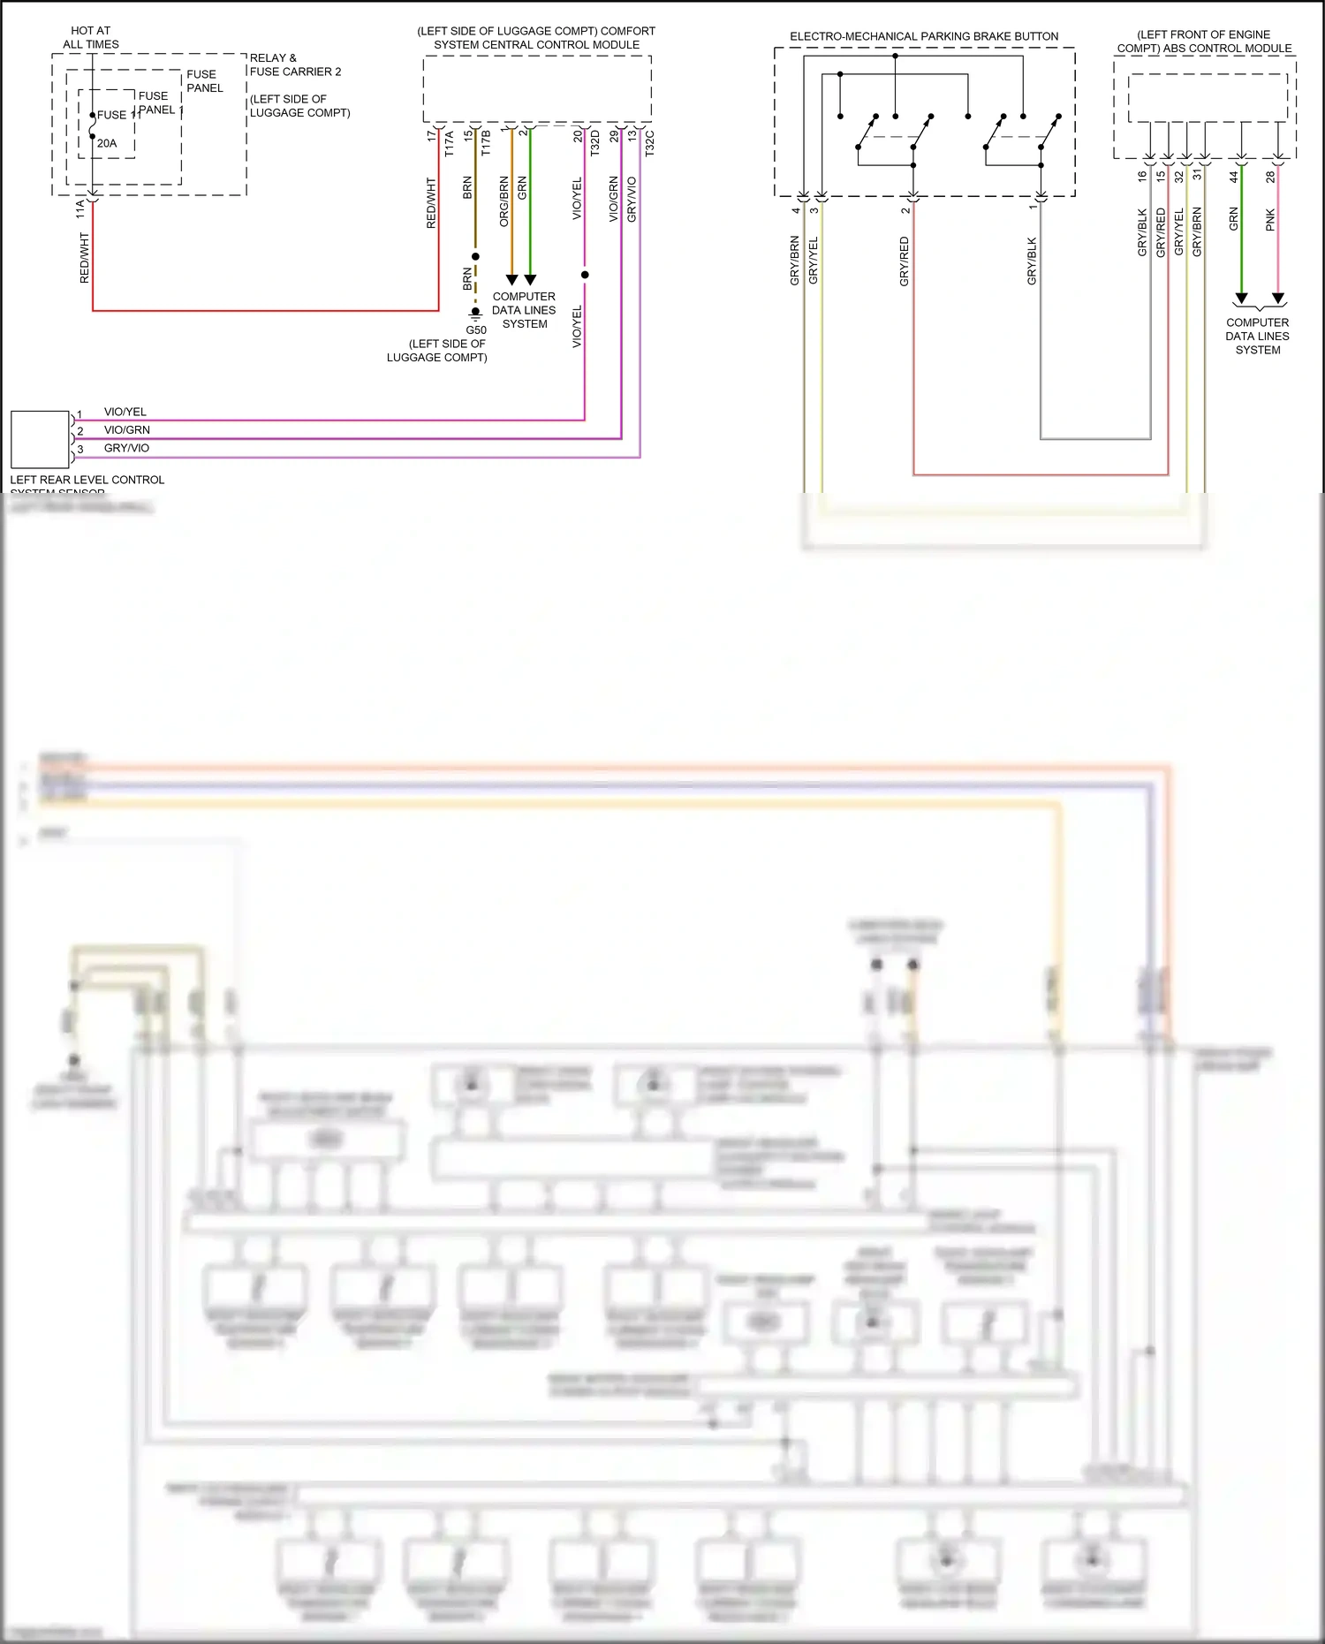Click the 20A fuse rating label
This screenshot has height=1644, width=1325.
pyautogui.click(x=107, y=143)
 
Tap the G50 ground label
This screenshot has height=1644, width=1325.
pyautogui.click(x=476, y=330)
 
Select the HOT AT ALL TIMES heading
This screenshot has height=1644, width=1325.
pyautogui.click(x=91, y=37)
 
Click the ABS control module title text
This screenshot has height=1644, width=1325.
pyautogui.click(x=1204, y=42)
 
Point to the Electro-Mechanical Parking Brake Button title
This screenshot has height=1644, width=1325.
pyautogui.click(x=924, y=36)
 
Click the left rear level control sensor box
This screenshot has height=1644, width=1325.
pyautogui.click(x=40, y=439)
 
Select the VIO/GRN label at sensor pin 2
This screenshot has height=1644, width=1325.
pyautogui.click(x=127, y=430)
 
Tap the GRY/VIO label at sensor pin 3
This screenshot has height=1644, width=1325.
pyautogui.click(x=127, y=448)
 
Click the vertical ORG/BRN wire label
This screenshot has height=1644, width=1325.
pyautogui.click(x=504, y=201)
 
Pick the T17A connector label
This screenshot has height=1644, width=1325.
pyautogui.click(x=449, y=144)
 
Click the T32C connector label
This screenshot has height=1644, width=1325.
pyautogui.click(x=649, y=144)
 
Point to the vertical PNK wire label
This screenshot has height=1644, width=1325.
pyautogui.click(x=1270, y=220)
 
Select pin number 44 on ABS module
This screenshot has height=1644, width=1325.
pyautogui.click(x=1234, y=177)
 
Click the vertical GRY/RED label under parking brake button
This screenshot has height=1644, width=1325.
pyautogui.click(x=904, y=261)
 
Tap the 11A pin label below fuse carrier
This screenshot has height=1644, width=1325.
pyautogui.click(x=80, y=209)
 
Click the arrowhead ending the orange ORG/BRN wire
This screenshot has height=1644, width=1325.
pyautogui.click(x=511, y=280)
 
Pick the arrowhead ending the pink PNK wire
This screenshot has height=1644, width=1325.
pyautogui.click(x=1278, y=299)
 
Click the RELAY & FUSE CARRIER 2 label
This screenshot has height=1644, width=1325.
pyautogui.click(x=295, y=64)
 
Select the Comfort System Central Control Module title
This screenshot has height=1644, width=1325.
pyautogui.click(x=536, y=37)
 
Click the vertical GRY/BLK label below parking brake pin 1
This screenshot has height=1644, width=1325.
pyautogui.click(x=1032, y=261)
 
